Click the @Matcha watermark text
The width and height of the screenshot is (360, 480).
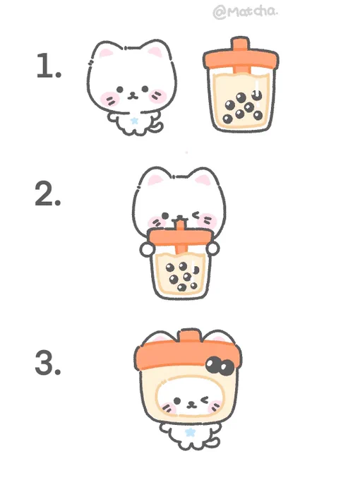point(246,12)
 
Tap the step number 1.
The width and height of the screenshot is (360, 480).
point(49,66)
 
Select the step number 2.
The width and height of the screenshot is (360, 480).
point(48,193)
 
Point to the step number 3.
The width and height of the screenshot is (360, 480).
point(48,363)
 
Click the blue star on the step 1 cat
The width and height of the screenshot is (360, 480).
point(134,121)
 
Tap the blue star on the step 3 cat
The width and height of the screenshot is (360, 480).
point(190,432)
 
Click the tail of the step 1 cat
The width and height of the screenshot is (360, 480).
point(158,127)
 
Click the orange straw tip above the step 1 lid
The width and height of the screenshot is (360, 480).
point(240,44)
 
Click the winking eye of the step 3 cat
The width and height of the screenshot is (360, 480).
point(205,400)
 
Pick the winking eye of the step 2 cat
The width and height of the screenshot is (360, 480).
point(196,215)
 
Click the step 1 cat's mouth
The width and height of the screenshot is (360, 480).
point(133,96)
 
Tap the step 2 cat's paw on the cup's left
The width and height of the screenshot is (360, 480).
point(147,249)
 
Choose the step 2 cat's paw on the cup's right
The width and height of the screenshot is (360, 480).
point(212,248)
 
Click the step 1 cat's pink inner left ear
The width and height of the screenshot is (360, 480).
point(106,53)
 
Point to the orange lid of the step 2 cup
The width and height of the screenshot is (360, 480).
point(180,238)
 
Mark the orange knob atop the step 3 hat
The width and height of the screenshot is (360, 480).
point(188,335)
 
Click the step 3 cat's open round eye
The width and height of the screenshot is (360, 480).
point(177,401)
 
